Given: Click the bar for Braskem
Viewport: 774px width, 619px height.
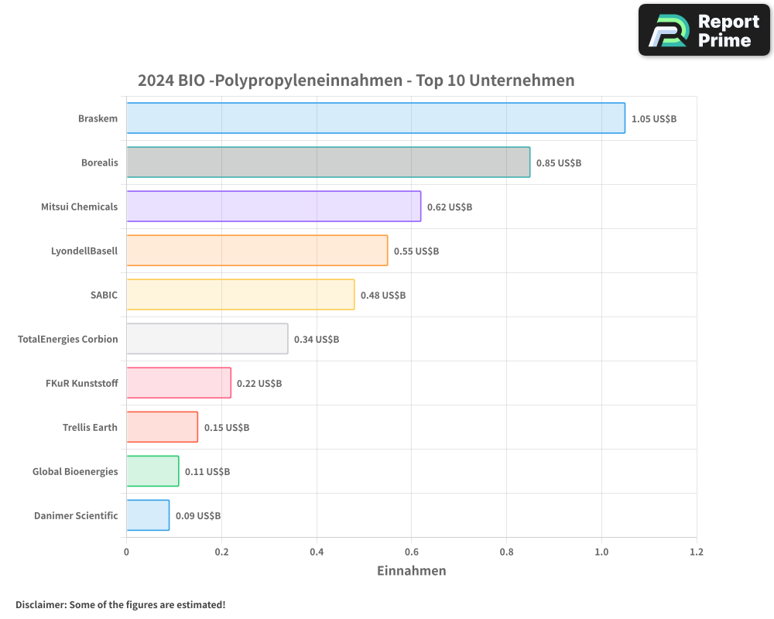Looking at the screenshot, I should point(375,118).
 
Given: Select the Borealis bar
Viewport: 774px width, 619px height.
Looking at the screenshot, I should point(328,162).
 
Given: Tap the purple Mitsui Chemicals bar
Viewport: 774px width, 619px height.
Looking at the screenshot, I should point(273,207).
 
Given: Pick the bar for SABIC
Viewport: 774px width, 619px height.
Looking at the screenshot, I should point(240,295).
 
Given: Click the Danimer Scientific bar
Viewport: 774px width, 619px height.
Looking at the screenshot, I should point(148,515).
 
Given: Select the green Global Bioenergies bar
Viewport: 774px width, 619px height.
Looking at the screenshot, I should point(152,471).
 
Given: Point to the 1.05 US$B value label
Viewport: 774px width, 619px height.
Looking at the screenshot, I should point(654,119).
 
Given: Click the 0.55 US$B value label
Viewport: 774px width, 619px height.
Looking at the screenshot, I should point(416,251).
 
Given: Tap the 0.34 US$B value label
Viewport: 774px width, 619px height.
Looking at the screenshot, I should point(317,340).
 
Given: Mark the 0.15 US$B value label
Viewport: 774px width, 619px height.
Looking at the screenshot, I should point(227,428).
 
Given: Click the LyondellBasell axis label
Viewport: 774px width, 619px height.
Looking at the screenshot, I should point(84,251).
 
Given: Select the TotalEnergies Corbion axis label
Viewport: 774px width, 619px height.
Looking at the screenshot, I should point(68,339).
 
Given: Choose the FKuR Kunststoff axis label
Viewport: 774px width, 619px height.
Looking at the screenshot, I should point(82,383).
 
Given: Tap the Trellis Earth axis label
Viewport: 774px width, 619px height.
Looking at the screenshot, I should point(90,427).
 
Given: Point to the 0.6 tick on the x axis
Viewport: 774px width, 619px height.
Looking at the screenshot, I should point(412,552).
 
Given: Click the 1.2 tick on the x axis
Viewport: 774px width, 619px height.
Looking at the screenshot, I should point(697,552).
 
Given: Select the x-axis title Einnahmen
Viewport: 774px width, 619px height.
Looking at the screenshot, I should point(411,571).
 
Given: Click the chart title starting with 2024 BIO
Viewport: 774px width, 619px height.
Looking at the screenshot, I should point(356,80).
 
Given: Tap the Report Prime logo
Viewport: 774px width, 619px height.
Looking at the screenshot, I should point(704,30).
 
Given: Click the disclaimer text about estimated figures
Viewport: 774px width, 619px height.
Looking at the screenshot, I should point(121,604).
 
